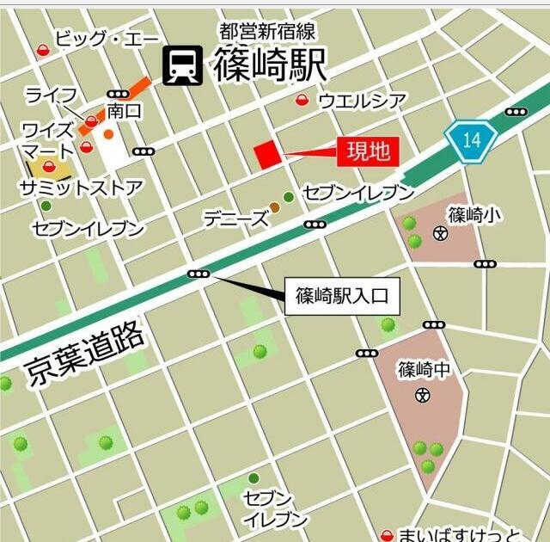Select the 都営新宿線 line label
coord(267,32)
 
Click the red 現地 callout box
coord(368,152)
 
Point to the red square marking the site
coord(267,155)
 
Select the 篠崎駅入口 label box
coord(341,297)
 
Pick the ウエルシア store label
coord(362,101)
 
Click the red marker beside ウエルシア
coord(302,101)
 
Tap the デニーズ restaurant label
coord(235,219)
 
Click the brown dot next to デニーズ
coord(274,207)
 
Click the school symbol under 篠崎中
coord(422,396)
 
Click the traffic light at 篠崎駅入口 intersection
coord(199,274)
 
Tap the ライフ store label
coord(52,94)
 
